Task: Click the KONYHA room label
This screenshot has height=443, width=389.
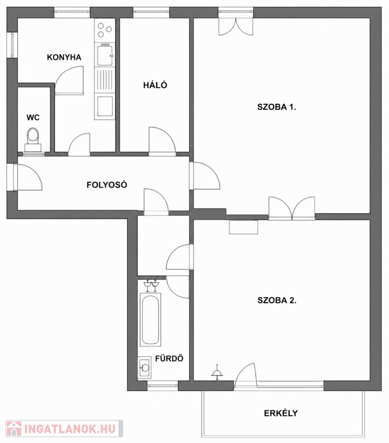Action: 64,57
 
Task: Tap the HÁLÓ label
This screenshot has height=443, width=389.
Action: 155,85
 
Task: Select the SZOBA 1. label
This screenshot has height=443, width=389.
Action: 277,107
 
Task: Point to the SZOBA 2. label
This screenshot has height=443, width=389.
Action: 277,301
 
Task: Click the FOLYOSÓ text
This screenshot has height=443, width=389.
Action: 107,185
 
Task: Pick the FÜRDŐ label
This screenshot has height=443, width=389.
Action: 169,358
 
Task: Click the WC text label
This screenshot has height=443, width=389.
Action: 33,118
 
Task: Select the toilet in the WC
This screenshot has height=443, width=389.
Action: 33,140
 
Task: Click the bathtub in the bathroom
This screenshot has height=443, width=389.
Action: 150,320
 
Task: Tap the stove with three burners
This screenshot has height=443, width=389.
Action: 105,30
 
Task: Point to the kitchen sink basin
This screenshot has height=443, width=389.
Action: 105,55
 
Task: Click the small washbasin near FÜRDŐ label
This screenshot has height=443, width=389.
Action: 145,367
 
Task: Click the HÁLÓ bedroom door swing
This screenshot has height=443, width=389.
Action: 162,140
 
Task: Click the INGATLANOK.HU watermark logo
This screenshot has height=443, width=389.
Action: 64,429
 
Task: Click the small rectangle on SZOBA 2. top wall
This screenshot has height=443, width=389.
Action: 243,227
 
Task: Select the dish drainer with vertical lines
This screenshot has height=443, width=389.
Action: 105,80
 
